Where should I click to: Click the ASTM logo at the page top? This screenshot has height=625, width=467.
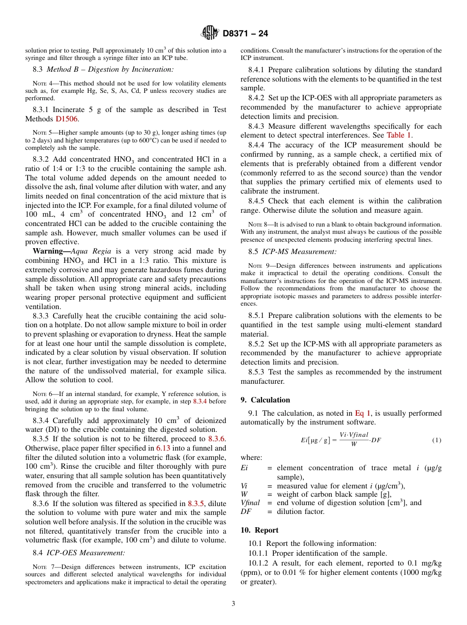tap(210, 34)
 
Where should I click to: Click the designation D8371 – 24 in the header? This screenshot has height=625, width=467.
tap(245, 34)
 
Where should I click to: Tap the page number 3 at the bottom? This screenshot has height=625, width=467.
tap(233, 604)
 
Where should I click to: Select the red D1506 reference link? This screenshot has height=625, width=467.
tap(66, 119)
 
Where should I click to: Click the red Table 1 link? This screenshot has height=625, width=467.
tap(399, 135)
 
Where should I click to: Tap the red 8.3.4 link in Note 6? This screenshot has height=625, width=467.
tap(200, 401)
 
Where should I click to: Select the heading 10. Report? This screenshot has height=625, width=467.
tap(260, 530)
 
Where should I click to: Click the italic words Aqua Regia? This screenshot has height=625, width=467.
tap(87, 251)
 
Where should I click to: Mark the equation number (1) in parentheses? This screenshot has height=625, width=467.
tap(437, 440)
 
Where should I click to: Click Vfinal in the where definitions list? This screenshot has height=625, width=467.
tap(250, 502)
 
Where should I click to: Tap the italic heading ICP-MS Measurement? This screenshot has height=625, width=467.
tap(299, 251)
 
